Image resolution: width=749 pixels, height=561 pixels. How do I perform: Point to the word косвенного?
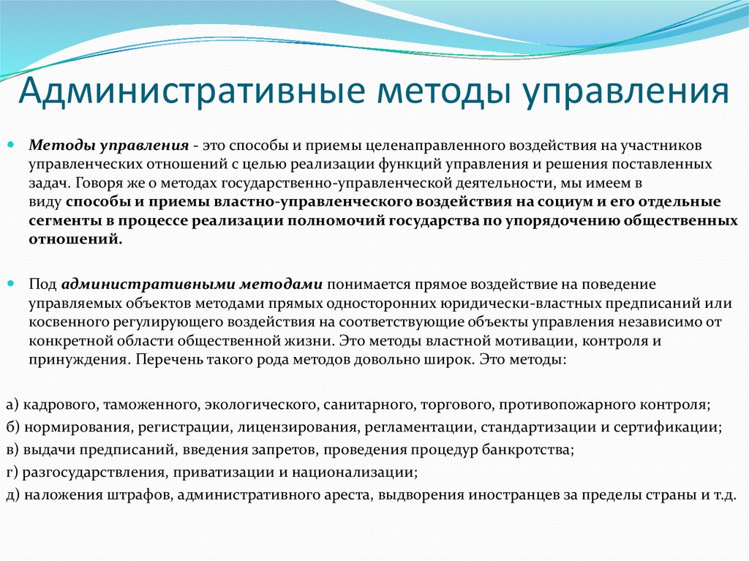click(x=64, y=321)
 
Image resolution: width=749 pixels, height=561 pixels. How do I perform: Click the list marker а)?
click(x=12, y=404)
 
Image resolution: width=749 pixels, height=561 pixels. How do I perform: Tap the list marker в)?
click(x=12, y=449)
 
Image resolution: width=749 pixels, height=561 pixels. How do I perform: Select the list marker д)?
click(x=12, y=494)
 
